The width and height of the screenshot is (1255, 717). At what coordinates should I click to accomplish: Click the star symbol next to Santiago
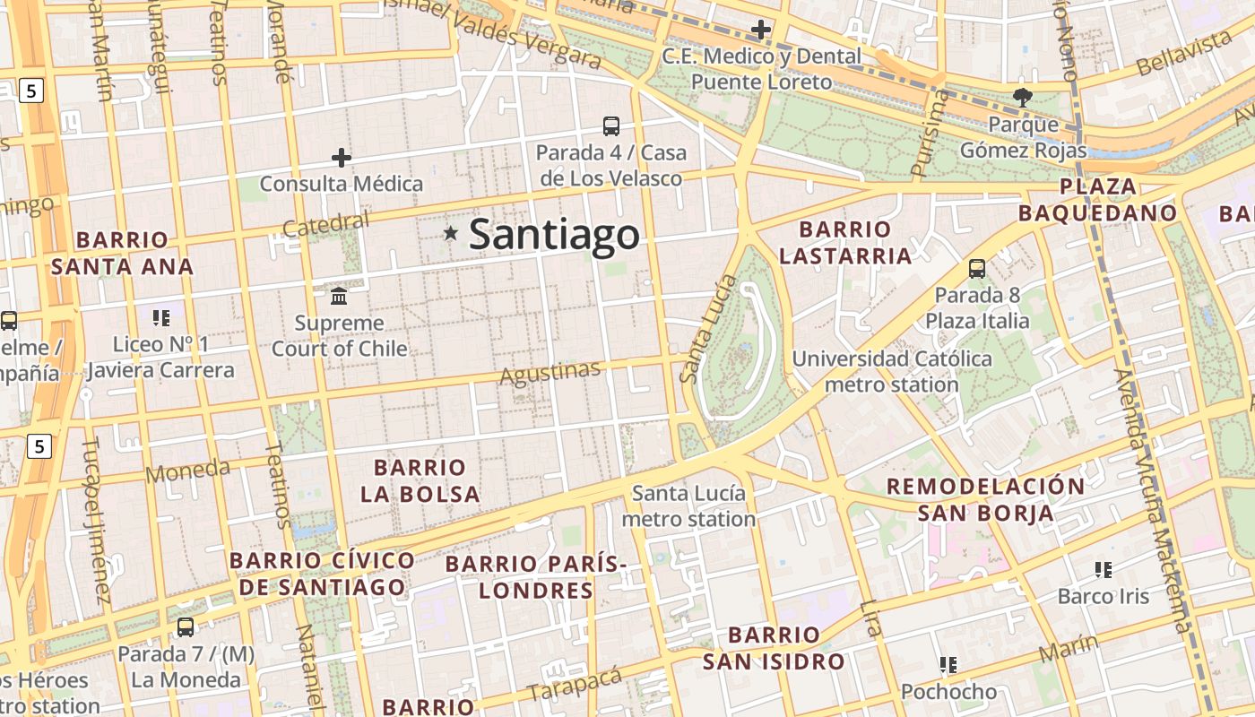450,233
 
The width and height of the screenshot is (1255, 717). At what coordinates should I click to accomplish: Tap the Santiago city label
554,235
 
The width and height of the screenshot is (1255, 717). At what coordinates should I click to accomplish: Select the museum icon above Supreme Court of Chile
339,296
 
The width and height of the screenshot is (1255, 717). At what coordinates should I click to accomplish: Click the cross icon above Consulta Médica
341,159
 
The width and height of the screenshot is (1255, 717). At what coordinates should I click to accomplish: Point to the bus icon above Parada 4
611,126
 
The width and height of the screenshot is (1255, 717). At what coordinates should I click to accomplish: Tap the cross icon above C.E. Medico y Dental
761,30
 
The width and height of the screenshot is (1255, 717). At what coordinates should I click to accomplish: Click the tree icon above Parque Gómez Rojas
1023,97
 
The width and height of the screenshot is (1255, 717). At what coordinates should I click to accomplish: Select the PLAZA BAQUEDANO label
1097,200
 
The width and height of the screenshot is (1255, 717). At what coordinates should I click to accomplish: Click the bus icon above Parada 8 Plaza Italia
977,268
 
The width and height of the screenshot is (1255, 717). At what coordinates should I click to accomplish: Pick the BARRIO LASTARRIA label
844,243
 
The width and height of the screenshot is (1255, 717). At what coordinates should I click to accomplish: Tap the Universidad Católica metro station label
891,372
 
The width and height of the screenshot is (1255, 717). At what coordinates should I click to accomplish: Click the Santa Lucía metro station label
688,506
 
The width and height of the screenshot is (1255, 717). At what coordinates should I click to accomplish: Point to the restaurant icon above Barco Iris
1104,569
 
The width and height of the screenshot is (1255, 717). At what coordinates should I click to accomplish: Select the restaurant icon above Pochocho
948,665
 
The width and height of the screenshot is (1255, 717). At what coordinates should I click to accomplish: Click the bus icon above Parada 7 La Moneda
186,627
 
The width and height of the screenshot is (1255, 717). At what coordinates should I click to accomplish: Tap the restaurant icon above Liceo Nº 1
161,317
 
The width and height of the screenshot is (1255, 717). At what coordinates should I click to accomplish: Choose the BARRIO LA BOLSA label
420,480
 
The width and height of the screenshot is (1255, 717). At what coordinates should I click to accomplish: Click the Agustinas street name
550,373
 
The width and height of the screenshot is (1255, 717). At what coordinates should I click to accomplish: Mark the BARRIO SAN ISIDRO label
774,649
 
